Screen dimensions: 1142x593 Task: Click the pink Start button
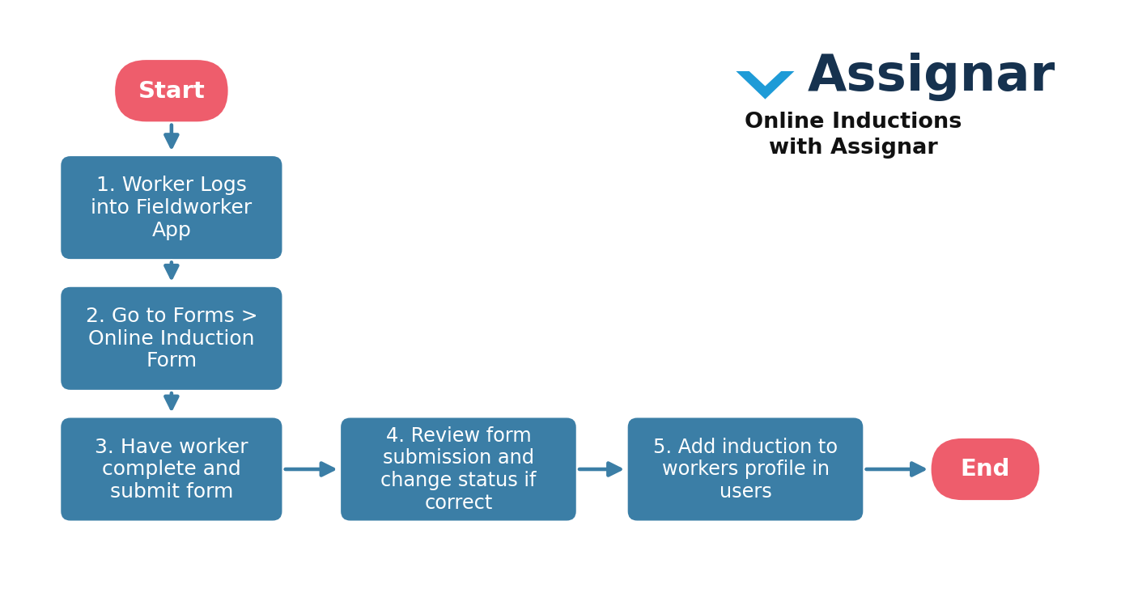(x=172, y=91)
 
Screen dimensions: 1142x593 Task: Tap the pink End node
(x=985, y=468)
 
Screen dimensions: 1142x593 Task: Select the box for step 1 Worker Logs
(x=172, y=207)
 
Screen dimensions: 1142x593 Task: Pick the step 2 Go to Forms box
(x=172, y=338)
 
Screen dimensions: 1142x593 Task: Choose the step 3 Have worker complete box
(x=172, y=468)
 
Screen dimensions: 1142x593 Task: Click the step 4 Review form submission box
(x=458, y=468)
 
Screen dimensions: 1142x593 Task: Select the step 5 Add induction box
(x=745, y=468)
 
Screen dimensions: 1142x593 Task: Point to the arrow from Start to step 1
(x=172, y=136)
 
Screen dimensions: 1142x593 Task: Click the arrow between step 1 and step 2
(x=172, y=270)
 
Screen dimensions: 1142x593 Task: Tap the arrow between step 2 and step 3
(x=172, y=401)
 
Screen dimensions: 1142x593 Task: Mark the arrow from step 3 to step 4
(x=309, y=469)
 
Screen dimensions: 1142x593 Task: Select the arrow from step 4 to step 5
(x=600, y=469)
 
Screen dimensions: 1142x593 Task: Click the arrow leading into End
(x=895, y=469)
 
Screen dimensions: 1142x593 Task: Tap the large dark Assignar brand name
(x=932, y=75)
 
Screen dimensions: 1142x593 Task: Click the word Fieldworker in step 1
(x=193, y=207)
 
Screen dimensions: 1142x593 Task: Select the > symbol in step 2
(x=248, y=316)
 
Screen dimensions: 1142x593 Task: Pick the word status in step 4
(x=495, y=480)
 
